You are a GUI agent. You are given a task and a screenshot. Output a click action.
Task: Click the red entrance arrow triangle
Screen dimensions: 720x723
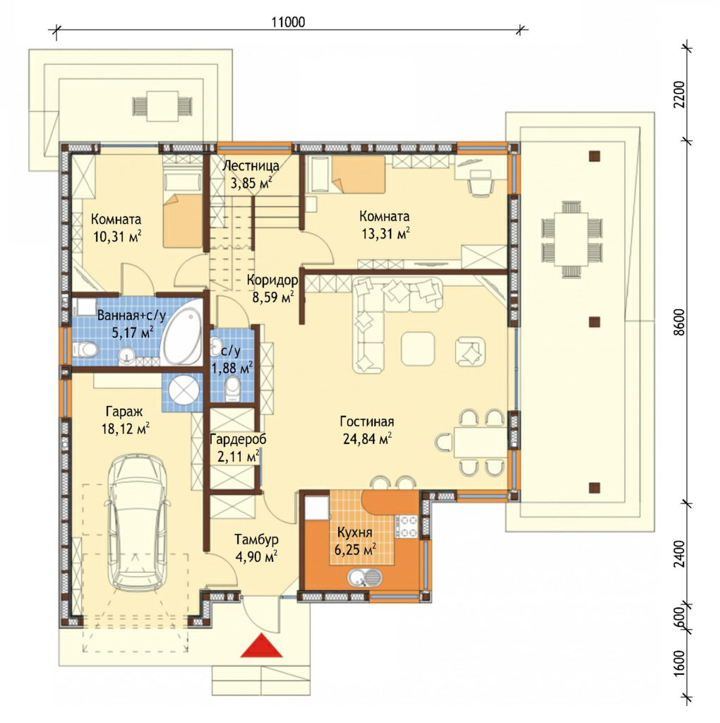(261, 645)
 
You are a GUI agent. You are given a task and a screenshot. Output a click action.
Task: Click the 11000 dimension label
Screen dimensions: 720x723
(288, 22)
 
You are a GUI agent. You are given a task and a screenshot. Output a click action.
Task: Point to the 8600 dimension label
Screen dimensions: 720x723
(679, 322)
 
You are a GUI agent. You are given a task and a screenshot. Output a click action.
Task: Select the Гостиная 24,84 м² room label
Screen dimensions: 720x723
(367, 430)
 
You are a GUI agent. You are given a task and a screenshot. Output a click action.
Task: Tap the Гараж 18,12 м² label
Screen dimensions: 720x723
(125, 420)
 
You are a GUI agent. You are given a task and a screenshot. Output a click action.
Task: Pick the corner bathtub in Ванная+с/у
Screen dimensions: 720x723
(182, 332)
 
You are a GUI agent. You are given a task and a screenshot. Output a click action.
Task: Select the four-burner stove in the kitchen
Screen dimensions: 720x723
(406, 526)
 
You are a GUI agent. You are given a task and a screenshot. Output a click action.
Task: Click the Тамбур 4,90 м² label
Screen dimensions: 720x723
(256, 548)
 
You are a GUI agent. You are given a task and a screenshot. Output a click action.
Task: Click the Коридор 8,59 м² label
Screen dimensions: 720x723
(272, 289)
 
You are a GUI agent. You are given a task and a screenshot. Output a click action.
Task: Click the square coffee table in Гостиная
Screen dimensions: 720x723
(418, 349)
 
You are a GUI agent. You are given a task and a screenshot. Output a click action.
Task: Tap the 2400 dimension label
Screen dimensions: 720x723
(679, 554)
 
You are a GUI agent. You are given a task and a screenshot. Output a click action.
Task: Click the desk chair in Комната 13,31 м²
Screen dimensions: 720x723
(481, 183)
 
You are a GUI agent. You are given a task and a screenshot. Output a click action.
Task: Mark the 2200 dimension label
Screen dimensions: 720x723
(679, 94)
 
